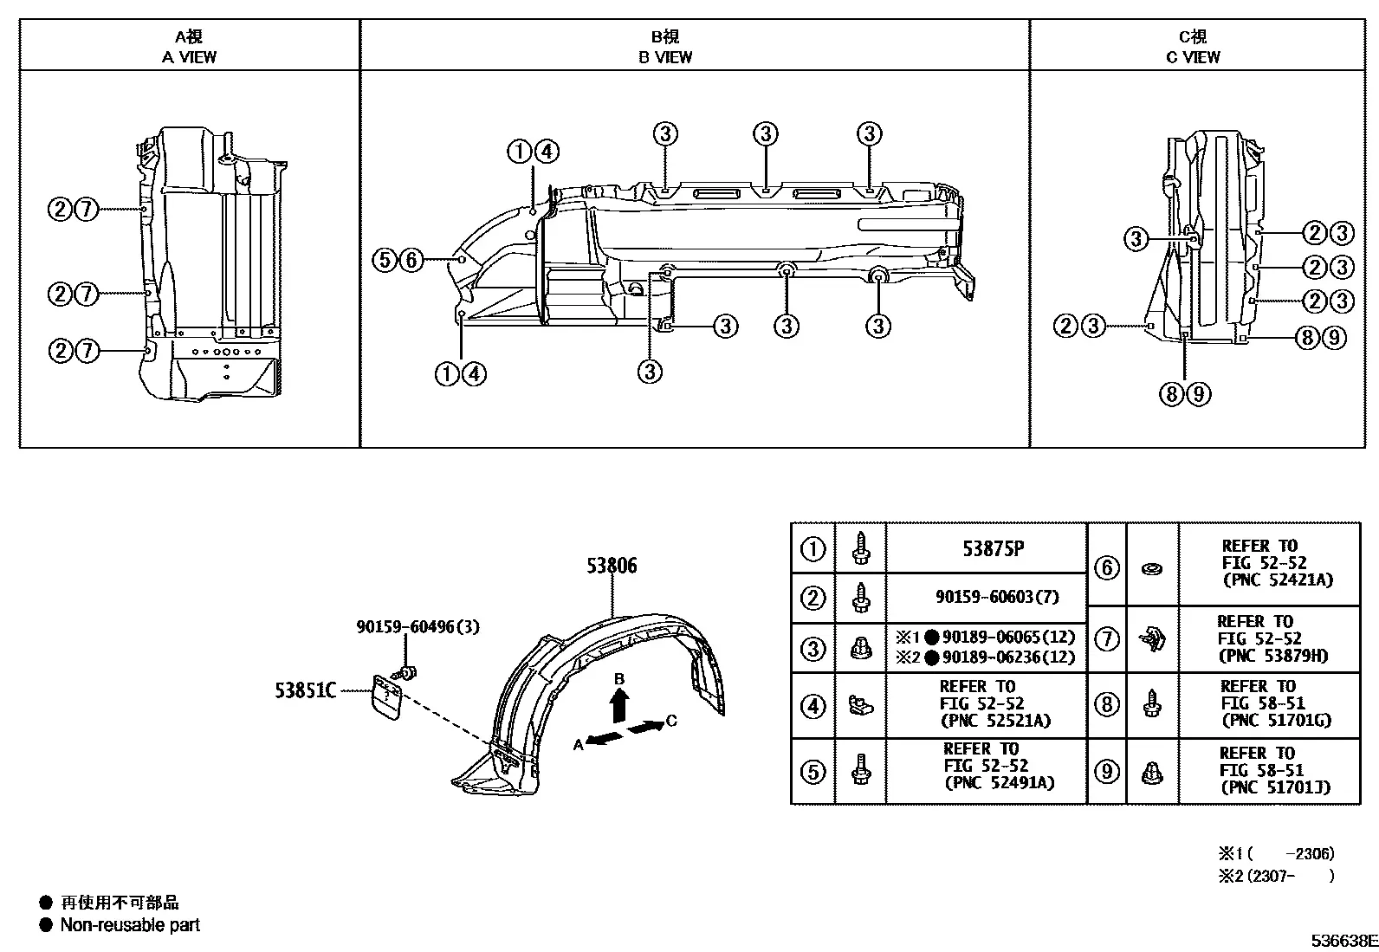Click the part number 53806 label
[x=612, y=566]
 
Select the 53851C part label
[x=306, y=691]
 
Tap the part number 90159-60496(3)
[x=418, y=627]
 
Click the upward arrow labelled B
[x=619, y=705]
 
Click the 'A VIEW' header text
[x=189, y=57]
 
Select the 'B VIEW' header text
[x=665, y=57]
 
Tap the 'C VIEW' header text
[x=1193, y=57]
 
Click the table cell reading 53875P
[x=993, y=548]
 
